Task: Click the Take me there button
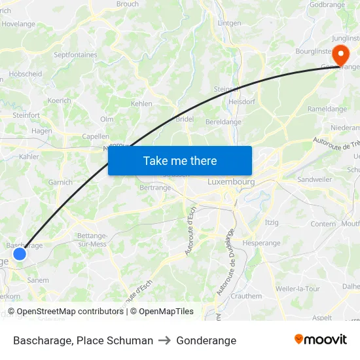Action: (x=180, y=160)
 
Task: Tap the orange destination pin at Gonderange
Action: (x=341, y=54)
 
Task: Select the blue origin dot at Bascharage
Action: (x=20, y=253)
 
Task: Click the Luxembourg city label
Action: (x=230, y=181)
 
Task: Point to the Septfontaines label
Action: (x=75, y=55)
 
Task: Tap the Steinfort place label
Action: (x=26, y=115)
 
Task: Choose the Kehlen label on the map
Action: (x=141, y=103)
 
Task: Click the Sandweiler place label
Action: (x=314, y=179)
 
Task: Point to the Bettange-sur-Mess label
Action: (x=92, y=240)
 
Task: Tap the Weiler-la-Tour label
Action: (x=298, y=289)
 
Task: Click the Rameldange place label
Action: (x=327, y=109)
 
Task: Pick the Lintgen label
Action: (x=229, y=23)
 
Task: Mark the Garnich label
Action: (x=60, y=183)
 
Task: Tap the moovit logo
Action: (x=321, y=340)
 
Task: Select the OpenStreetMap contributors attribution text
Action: (x=69, y=312)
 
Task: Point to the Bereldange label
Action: (x=223, y=122)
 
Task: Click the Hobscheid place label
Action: (x=26, y=74)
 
